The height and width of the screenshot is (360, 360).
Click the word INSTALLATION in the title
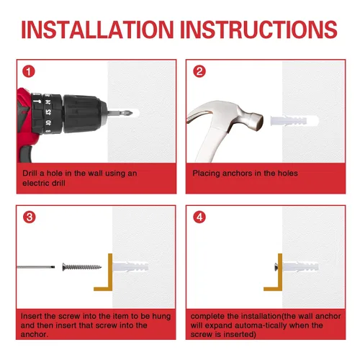[x=97, y=30]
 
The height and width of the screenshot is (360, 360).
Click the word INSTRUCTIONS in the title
[x=259, y=30]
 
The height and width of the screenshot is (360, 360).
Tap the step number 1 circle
[x=29, y=71]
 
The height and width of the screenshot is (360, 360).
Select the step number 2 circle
[x=199, y=71]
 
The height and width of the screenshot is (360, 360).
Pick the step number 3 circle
[x=30, y=217]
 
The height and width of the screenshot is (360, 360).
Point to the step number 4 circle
[x=199, y=217]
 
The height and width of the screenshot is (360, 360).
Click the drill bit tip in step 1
[x=130, y=113]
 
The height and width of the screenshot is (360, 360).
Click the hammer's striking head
[x=256, y=121]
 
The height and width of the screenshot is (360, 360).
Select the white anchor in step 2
[x=294, y=121]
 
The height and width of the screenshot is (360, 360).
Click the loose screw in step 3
[x=81, y=267]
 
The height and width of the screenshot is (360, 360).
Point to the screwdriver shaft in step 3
[x=36, y=267]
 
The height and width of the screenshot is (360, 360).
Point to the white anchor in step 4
[x=300, y=267]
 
